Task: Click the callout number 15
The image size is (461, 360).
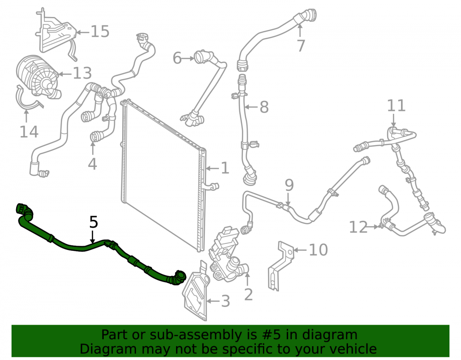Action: pyautogui.click(x=100, y=31)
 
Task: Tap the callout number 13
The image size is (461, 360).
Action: pyautogui.click(x=83, y=73)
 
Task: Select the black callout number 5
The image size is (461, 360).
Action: pyautogui.click(x=94, y=222)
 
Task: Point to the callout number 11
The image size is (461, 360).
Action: pyautogui.click(x=396, y=106)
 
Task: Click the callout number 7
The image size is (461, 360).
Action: pyautogui.click(x=301, y=46)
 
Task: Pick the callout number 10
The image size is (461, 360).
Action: pyautogui.click(x=319, y=250)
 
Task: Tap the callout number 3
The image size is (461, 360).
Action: pyautogui.click(x=225, y=301)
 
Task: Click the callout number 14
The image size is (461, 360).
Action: pyautogui.click(x=29, y=132)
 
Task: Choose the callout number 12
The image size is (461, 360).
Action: pyautogui.click(x=358, y=227)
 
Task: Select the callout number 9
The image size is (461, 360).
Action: pyautogui.click(x=290, y=185)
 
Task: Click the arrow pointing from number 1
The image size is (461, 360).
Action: pyautogui.click(x=213, y=168)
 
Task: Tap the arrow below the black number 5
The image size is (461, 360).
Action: pyautogui.click(x=93, y=237)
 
